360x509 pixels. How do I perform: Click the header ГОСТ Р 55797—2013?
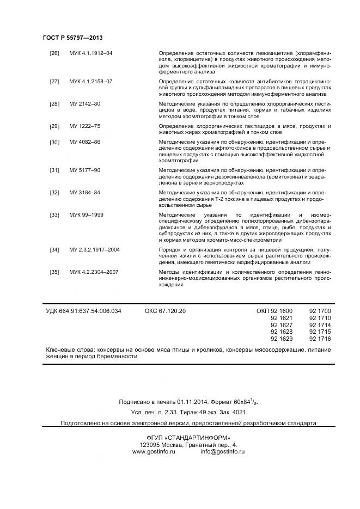pyautogui.click(x=72, y=38)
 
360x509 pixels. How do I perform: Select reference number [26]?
pyautogui.click(x=54, y=53)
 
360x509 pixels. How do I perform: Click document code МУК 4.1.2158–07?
pyautogui.click(x=90, y=82)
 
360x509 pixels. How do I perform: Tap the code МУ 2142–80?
pyautogui.click(x=84, y=103)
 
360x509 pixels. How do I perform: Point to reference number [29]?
pyautogui.click(x=54, y=126)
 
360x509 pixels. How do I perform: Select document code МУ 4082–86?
pyautogui.click(x=84, y=142)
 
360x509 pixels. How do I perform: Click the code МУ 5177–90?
pyautogui.click(x=84, y=170)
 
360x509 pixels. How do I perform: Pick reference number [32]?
pyautogui.click(x=54, y=193)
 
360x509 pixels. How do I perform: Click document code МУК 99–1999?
pyautogui.click(x=86, y=215)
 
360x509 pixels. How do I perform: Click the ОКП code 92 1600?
pyautogui.click(x=275, y=311)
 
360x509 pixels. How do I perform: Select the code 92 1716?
pyautogui.click(x=320, y=339)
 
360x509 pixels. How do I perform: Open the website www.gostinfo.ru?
pyautogui.click(x=153, y=452)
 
